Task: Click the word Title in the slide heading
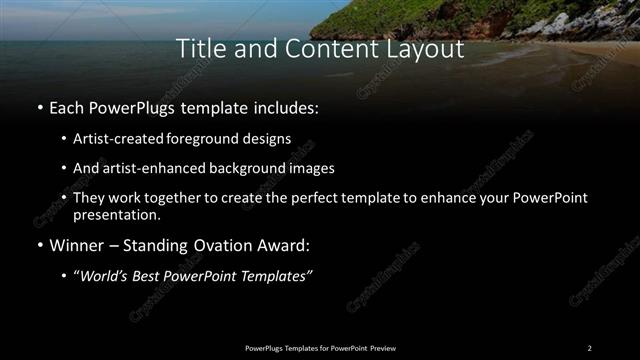[198, 48]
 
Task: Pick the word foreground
[200, 138]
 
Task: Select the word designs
[265, 138]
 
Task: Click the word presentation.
[115, 214]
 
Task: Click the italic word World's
[104, 276]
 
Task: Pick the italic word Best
[149, 276]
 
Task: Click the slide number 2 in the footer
[589, 347]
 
